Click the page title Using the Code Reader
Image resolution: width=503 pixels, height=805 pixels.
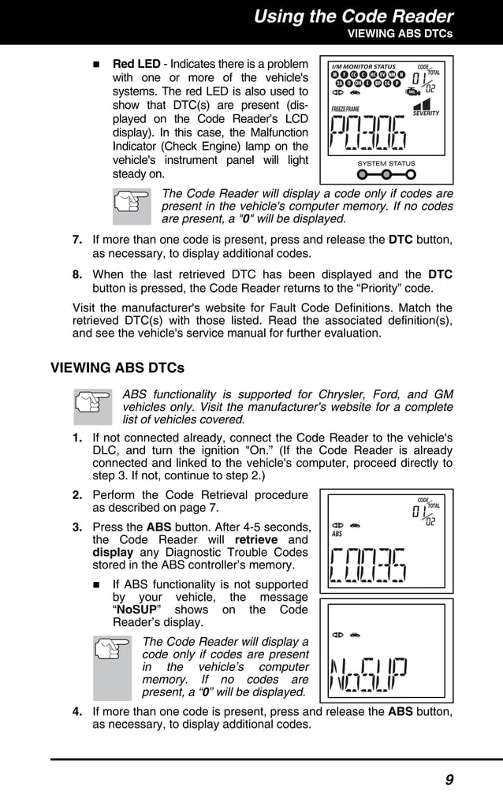pos(353,16)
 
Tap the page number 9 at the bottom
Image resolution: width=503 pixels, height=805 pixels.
pos(449,780)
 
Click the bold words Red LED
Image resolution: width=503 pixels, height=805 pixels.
pos(136,63)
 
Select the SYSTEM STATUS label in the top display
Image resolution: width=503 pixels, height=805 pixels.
pos(386,163)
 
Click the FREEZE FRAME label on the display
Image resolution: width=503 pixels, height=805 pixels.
pos(345,108)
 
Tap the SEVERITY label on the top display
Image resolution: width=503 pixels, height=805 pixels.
pos(426,113)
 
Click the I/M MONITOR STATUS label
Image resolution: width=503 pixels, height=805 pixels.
pos(363,66)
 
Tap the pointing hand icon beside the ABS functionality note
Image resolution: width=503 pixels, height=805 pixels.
pos(93,406)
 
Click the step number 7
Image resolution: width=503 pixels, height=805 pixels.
pos(77,240)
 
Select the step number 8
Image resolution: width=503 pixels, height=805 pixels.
pos(77,274)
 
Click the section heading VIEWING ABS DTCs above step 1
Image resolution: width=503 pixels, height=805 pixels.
pos(117,367)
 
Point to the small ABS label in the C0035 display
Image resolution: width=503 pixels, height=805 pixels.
pos(337,534)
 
